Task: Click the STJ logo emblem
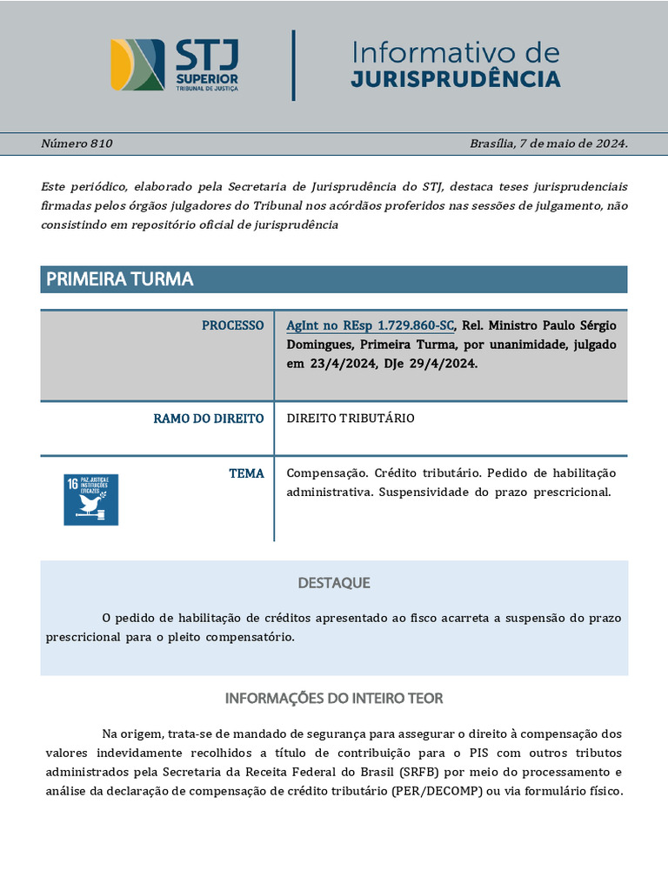[x=137, y=64]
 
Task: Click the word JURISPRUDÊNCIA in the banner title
[x=456, y=80]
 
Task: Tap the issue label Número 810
[x=77, y=144]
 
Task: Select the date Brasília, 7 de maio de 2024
[x=548, y=144]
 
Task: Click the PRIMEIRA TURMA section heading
[x=119, y=279]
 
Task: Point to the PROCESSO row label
[x=232, y=325]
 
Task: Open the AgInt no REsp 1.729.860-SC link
[x=371, y=325]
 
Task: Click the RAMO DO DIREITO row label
[x=209, y=419]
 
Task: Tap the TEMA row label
[x=246, y=473]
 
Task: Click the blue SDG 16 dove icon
[x=90, y=499]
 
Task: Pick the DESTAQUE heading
[x=334, y=582]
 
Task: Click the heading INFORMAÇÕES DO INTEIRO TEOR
[x=334, y=698]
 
